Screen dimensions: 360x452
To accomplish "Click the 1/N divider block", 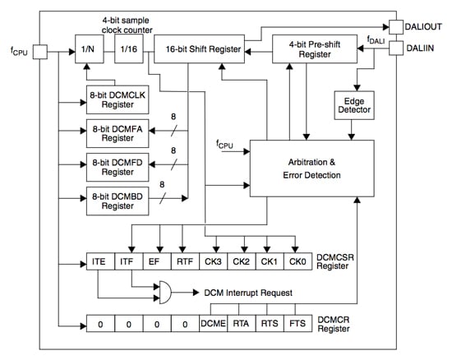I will (x=87, y=49).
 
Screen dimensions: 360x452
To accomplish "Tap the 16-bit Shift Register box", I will (x=199, y=49).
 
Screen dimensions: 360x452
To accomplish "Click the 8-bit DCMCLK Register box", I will (x=118, y=99).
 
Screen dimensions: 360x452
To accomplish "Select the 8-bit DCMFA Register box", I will (x=118, y=133).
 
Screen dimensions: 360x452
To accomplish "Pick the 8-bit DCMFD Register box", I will (x=118, y=166).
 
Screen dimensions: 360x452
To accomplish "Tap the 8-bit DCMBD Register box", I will (x=118, y=200).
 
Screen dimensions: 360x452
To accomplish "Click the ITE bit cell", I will (x=99, y=263).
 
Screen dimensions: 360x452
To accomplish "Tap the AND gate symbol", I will (x=166, y=292).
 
